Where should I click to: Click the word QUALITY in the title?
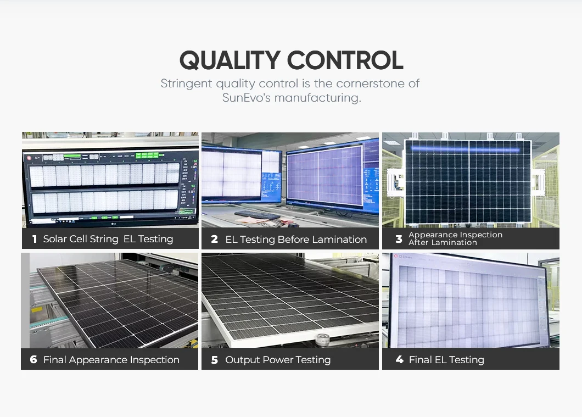tap(228, 60)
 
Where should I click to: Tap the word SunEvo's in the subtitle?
tap(246, 98)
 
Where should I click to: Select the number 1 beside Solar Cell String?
tap(34, 239)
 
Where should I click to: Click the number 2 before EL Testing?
tap(214, 239)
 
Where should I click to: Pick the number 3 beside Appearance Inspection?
tap(399, 239)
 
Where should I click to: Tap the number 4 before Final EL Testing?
tap(399, 360)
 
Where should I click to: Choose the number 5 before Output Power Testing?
tap(215, 360)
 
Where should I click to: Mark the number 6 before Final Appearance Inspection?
tap(33, 360)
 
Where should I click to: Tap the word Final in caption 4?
tap(420, 360)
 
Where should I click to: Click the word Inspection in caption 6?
tap(154, 360)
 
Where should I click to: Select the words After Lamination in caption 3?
tap(443, 242)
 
